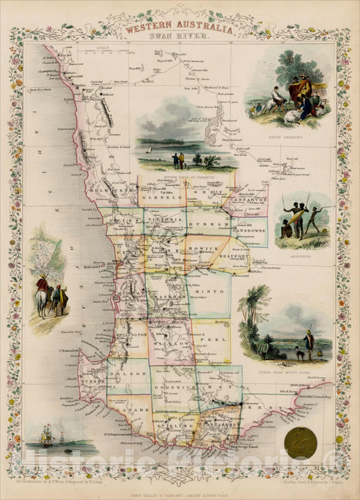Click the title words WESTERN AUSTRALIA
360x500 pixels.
(x=179, y=30)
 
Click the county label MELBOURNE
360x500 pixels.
(x=111, y=191)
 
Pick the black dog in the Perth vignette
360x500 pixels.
(x=297, y=351)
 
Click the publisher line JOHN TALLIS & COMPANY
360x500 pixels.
(x=180, y=484)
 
